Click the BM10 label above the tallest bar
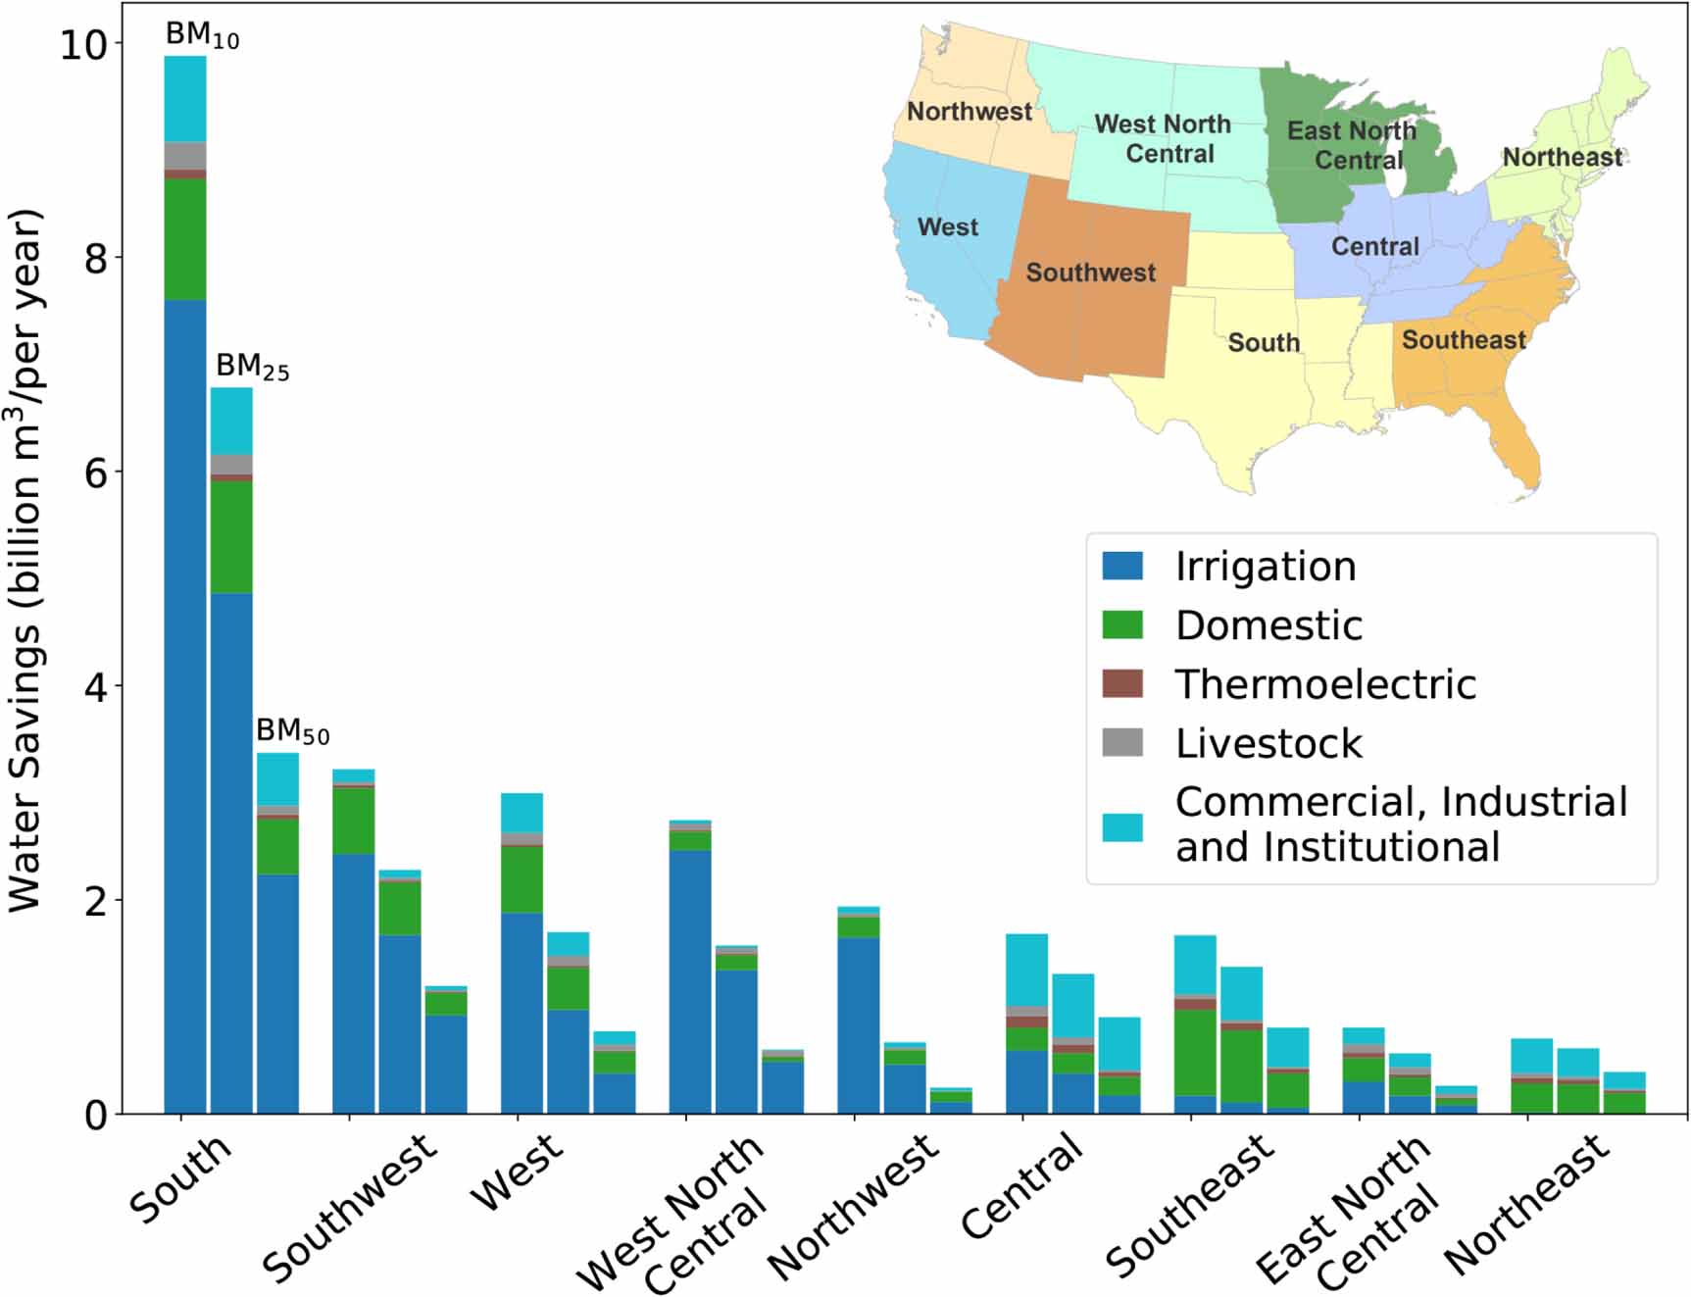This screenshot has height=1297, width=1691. click(x=201, y=34)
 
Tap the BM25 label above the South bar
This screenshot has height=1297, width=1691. click(x=252, y=367)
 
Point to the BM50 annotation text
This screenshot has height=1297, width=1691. click(x=292, y=730)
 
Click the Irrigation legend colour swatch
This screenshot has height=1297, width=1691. click(x=1122, y=566)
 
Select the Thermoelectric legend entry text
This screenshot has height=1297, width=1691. click(x=1325, y=684)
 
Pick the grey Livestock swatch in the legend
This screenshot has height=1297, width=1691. click(x=1122, y=743)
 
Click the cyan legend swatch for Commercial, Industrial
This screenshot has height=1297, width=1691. click(x=1122, y=826)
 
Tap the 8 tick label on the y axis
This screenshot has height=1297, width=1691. click(x=96, y=258)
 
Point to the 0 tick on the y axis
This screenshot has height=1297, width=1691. click(x=96, y=1115)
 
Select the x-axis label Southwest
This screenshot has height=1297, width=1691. click(x=349, y=1208)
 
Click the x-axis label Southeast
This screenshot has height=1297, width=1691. click(x=1190, y=1206)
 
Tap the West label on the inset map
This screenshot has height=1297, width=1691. click(x=947, y=226)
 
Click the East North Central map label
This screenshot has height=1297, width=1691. click(x=1353, y=144)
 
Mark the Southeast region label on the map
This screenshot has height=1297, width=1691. click(x=1463, y=340)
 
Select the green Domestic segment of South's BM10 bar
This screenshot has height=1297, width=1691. click(x=184, y=238)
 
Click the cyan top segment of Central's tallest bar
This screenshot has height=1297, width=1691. click(x=1026, y=969)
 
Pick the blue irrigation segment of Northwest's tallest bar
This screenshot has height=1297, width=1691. click(x=858, y=1024)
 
